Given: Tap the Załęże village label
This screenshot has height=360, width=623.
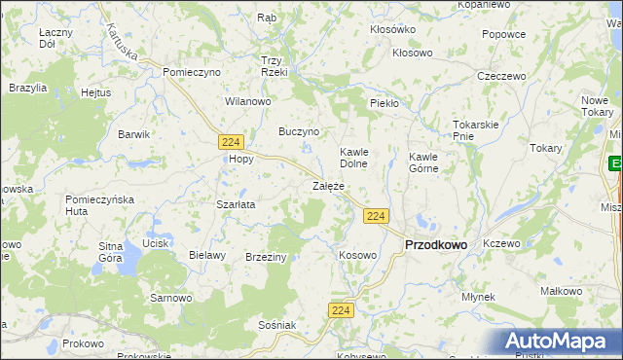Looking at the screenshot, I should click(329, 185).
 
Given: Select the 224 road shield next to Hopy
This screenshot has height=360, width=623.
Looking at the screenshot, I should click(231, 141).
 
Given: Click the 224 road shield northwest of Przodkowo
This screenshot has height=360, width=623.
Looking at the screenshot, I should click(379, 215).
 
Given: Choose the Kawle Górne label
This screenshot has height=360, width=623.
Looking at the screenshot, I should click(423, 162).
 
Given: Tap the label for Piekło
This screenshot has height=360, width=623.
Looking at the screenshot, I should click(385, 103).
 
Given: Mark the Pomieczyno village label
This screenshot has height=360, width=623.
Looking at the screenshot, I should click(193, 72).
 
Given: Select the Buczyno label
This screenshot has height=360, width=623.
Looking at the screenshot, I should click(299, 130).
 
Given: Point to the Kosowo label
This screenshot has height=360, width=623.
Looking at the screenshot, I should click(356, 255).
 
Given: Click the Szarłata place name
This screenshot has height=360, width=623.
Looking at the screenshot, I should click(235, 205).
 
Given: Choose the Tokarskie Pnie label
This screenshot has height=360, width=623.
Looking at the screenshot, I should click(476, 130).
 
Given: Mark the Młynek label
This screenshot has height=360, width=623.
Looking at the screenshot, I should click(479, 296).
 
